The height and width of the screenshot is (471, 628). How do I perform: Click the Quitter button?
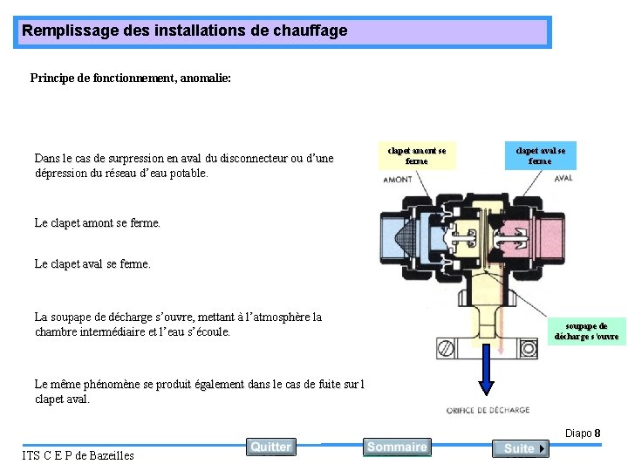270,447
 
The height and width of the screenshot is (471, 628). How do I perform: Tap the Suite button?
520,448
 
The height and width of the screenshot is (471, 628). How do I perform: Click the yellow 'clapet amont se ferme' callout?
417,155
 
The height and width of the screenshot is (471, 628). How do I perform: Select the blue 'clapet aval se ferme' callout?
540,155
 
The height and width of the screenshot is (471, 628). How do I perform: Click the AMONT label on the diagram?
398,180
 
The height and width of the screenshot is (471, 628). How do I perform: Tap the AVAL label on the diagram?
563,178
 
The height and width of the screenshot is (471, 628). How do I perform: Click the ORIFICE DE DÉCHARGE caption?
488,410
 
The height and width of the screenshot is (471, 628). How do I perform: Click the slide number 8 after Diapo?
597,433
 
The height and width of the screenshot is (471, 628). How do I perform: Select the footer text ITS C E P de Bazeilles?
78,455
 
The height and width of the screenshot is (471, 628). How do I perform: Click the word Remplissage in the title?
65,31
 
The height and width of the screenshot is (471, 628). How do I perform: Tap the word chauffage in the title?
311,31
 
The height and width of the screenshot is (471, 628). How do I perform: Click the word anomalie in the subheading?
204,78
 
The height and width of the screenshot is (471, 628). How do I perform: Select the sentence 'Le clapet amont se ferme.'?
98,222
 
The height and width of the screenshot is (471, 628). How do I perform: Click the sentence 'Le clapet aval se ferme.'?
92,263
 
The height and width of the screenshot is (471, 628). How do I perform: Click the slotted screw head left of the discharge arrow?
446,351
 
